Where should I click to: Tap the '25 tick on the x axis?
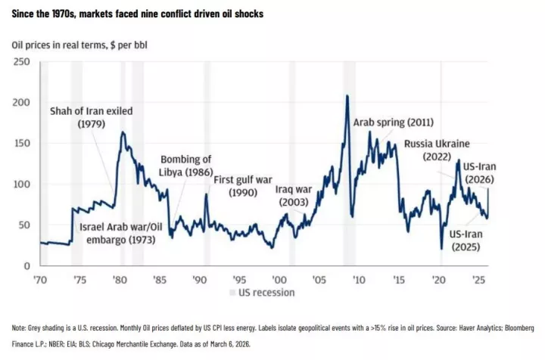[x=478, y=279]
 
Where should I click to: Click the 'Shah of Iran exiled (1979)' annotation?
[x=91, y=117]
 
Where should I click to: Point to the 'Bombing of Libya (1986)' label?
[x=185, y=166]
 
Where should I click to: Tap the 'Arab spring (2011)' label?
[x=393, y=122]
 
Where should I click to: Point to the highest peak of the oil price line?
[x=347, y=96]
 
